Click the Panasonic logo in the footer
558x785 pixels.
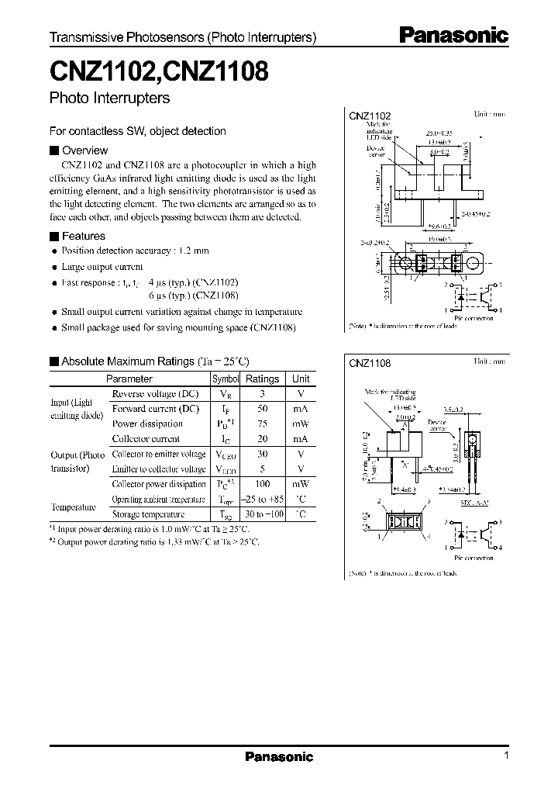pos(279,757)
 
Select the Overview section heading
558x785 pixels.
pos(84,150)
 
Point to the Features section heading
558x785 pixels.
pos(83,236)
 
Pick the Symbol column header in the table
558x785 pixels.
pos(226,379)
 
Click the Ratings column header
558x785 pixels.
pos(262,379)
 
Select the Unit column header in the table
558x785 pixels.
pos(300,379)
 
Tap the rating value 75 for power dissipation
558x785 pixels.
pos(262,424)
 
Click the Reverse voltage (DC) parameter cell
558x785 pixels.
pos(155,394)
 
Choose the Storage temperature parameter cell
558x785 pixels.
pos(148,514)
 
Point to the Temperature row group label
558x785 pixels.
pos(73,507)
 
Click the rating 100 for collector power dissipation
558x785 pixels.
pos(262,484)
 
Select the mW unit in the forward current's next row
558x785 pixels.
pos(300,424)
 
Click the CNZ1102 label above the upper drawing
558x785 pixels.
pos(370,116)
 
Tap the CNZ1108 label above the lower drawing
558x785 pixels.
pos(370,362)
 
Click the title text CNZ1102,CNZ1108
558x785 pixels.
pos(159,74)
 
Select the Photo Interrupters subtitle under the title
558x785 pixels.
pos(109,99)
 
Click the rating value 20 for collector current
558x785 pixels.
pos(262,439)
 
